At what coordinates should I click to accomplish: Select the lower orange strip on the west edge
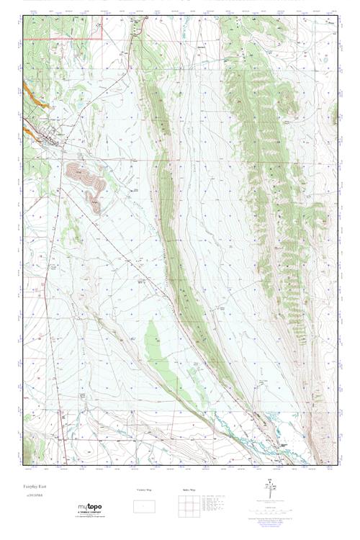click(30, 132)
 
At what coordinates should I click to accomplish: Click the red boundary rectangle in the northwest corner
click(63, 27)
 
